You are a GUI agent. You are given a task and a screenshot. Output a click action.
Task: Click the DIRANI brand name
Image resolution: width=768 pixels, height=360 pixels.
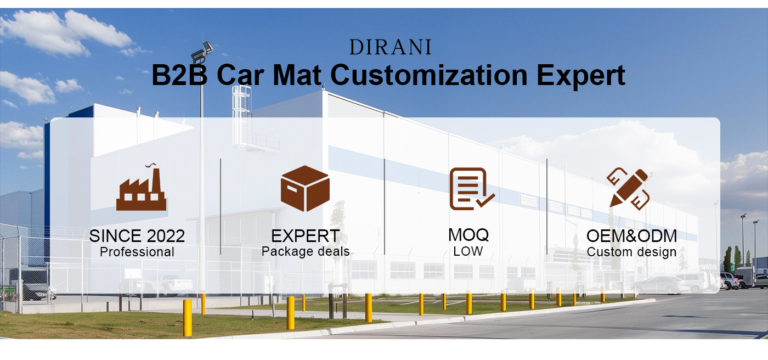click(x=390, y=47)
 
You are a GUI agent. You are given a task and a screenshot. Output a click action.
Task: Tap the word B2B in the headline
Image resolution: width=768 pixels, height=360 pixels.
click(x=179, y=75)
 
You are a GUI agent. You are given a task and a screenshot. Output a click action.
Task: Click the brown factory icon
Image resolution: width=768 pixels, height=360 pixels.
click(x=142, y=187)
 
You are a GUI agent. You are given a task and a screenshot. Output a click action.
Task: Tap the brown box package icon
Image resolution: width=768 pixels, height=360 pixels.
click(x=305, y=188)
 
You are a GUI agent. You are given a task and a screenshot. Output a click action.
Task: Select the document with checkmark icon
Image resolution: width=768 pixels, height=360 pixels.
click(x=472, y=189)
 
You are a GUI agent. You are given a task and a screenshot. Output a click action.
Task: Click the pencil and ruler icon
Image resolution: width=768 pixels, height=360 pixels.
click(x=629, y=189)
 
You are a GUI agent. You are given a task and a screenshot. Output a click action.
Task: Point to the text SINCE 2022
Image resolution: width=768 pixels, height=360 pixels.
click(x=137, y=236)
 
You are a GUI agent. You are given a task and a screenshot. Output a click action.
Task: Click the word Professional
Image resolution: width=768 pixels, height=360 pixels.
click(x=137, y=252)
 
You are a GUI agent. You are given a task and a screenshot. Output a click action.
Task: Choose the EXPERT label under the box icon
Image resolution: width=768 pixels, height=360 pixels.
click(x=305, y=236)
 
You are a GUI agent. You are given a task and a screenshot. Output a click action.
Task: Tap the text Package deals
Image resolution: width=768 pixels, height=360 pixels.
click(x=306, y=252)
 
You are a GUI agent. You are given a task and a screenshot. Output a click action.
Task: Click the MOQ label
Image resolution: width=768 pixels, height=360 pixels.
click(x=468, y=235)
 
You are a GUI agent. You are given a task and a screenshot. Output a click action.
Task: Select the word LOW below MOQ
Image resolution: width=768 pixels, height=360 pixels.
click(x=468, y=251)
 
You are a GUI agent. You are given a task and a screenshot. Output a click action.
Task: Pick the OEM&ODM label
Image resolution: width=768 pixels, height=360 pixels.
click(x=631, y=236)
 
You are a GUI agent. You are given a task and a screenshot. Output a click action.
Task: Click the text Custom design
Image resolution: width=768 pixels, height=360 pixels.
click(x=631, y=252)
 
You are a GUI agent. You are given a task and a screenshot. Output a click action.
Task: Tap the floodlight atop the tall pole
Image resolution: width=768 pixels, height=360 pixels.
click(x=202, y=52)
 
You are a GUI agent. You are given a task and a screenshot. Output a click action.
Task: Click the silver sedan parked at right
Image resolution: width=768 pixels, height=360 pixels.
click(x=660, y=285)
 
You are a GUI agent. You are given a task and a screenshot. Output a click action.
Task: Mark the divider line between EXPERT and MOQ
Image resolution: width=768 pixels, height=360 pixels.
click(x=385, y=206)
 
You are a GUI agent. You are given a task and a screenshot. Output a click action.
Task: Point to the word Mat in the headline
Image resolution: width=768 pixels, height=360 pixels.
click(x=297, y=75)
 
